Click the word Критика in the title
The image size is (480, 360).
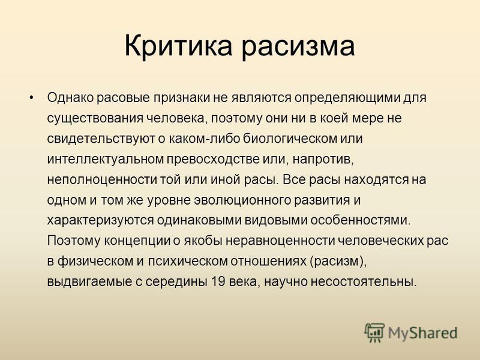tap(178, 46)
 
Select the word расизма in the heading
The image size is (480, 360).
tap(298, 46)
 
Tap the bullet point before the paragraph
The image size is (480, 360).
tap(31, 98)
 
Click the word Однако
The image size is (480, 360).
tap(70, 98)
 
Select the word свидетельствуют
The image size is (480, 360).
tap(101, 139)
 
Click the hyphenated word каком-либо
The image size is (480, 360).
tap(204, 139)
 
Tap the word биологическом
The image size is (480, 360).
tap(290, 139)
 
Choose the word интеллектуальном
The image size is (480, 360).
tap(106, 160)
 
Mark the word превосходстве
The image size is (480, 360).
tap(213, 160)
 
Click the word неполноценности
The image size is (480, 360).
tap(102, 180)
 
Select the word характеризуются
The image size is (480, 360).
tap(100, 221)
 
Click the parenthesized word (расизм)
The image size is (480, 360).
tap(338, 262)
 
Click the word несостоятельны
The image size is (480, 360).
tap(364, 282)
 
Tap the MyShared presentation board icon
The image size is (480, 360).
tap(374, 332)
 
